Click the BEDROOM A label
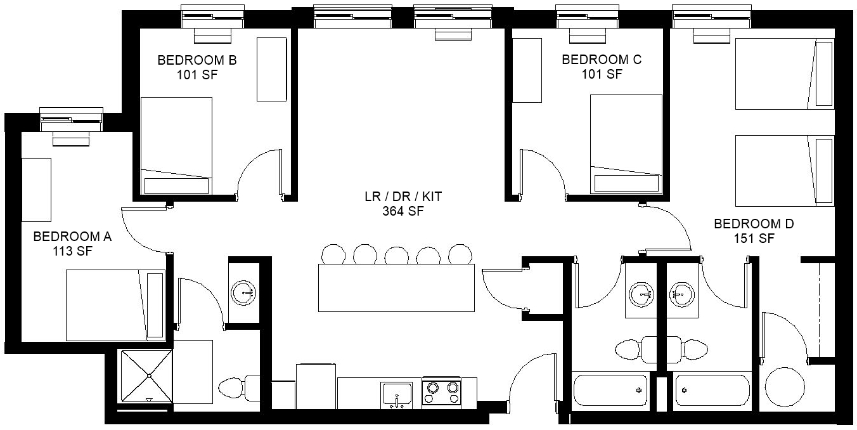(x=72, y=237)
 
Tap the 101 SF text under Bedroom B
(x=197, y=75)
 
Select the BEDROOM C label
(x=602, y=60)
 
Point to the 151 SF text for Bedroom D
(x=754, y=238)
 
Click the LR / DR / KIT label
(x=403, y=197)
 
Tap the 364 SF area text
(x=403, y=211)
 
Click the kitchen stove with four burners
(x=442, y=393)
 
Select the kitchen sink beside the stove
(x=396, y=395)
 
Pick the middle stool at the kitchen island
(x=396, y=254)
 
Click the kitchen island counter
(x=396, y=288)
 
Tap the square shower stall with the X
(x=147, y=376)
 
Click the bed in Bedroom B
(x=176, y=146)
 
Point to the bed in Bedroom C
(x=626, y=144)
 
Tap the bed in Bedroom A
(x=115, y=305)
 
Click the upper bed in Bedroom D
(x=784, y=74)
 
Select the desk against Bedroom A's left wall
(x=36, y=190)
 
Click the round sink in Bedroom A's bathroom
(x=243, y=293)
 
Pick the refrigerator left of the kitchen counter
(x=316, y=386)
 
